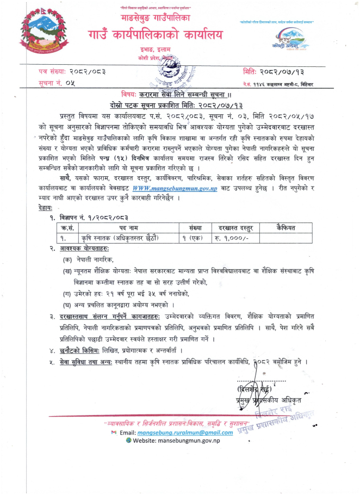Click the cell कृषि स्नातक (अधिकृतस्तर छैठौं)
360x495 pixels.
point(120,222)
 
